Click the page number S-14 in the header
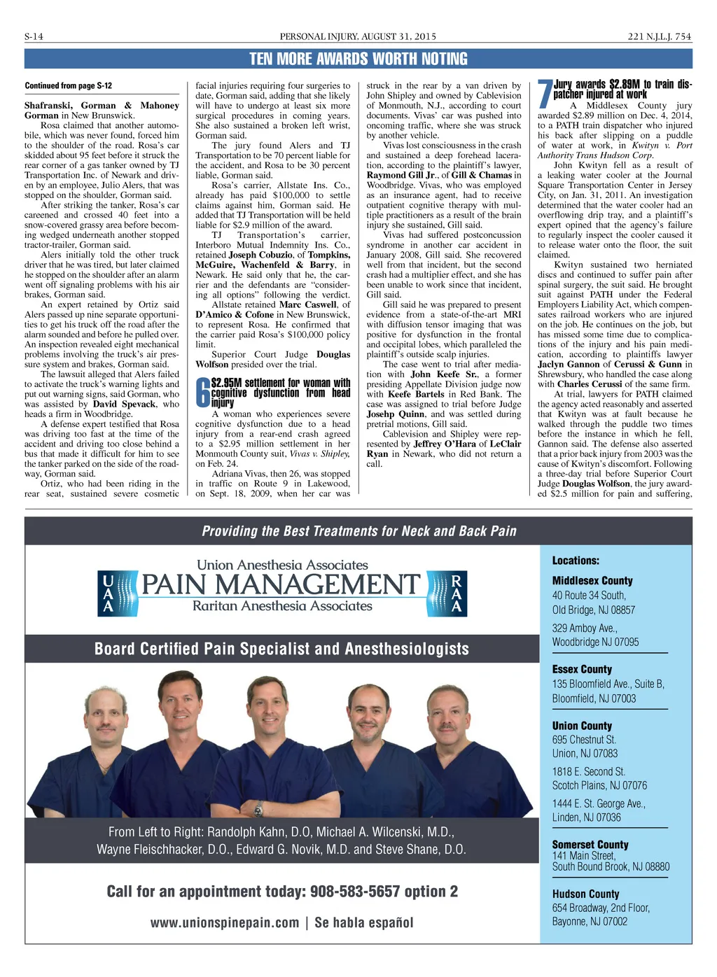(x=34, y=36)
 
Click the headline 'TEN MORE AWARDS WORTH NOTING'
(x=358, y=59)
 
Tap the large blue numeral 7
(x=545, y=94)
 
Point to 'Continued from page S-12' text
(x=68, y=85)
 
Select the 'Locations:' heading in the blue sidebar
(x=576, y=561)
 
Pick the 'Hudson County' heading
(x=585, y=894)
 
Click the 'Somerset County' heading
(x=590, y=845)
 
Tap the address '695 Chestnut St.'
(x=584, y=740)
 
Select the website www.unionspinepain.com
(x=225, y=923)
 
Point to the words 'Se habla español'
(x=364, y=923)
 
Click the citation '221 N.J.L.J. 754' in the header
(x=659, y=36)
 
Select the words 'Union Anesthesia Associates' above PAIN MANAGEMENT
(x=282, y=565)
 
